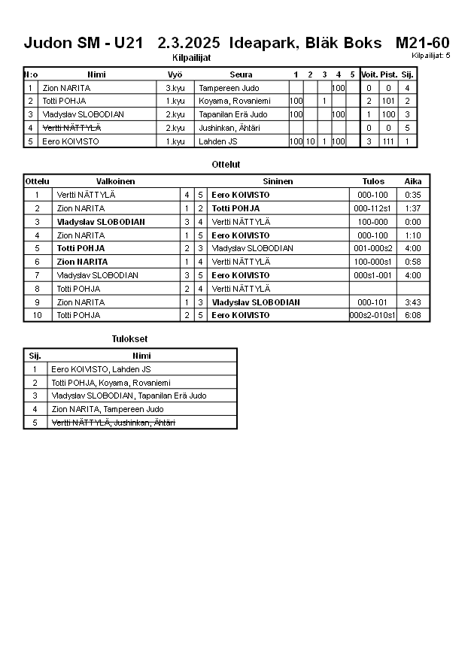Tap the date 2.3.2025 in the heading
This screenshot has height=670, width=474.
click(189, 43)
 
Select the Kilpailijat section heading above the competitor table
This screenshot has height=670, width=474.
click(192, 57)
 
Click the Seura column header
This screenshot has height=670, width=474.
click(241, 74)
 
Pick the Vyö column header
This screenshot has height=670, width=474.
click(175, 74)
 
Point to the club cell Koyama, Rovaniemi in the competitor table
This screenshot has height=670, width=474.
click(229, 101)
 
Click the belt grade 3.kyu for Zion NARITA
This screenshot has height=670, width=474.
click(175, 88)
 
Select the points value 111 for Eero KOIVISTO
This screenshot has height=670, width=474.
click(388, 141)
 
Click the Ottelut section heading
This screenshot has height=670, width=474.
click(226, 164)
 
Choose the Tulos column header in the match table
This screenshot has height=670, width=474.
click(373, 181)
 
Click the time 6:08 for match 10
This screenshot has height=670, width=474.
click(412, 315)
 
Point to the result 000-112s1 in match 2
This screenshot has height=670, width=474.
click(373, 208)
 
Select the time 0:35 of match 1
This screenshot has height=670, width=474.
click(412, 195)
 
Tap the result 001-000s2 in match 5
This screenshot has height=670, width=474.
click(373, 248)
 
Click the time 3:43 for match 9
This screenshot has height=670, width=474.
click(412, 302)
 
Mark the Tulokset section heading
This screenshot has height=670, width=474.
click(129, 339)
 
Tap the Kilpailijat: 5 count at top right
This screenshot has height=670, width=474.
click(431, 56)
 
